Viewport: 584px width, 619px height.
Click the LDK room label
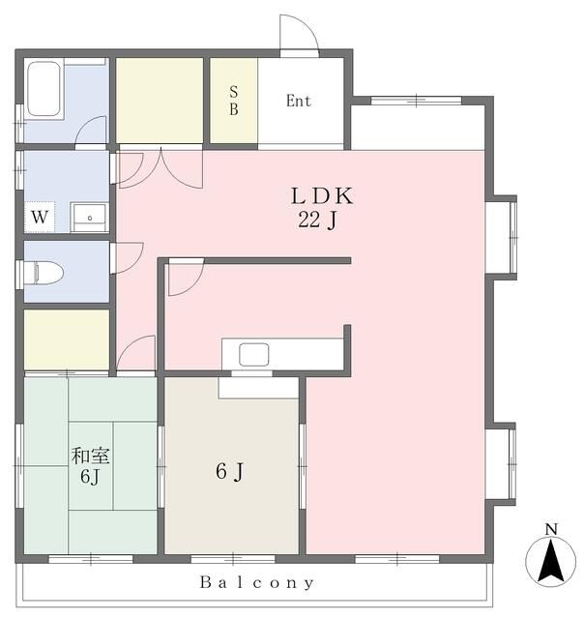pos(322,196)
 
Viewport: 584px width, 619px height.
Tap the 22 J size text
pos(318,220)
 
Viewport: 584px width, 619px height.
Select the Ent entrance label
pos(299,101)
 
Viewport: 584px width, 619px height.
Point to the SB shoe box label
pos(234,101)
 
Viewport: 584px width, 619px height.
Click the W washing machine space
pos(40,217)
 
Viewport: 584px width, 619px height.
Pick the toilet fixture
pos(44,273)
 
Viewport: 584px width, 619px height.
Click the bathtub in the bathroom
pos(44,89)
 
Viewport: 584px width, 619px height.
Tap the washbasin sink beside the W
pos(89,217)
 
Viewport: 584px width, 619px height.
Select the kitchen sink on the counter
pos(254,354)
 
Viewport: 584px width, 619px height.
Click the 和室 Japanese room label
pos(90,456)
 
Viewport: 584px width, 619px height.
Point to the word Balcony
pos(257,583)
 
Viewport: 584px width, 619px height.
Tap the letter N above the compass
pos(551,529)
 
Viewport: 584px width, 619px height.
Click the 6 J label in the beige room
pos(230,471)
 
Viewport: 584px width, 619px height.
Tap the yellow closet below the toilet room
pos(67,339)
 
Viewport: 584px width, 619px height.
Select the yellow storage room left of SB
pos(160,101)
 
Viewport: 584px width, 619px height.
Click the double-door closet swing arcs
pos(161,167)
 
